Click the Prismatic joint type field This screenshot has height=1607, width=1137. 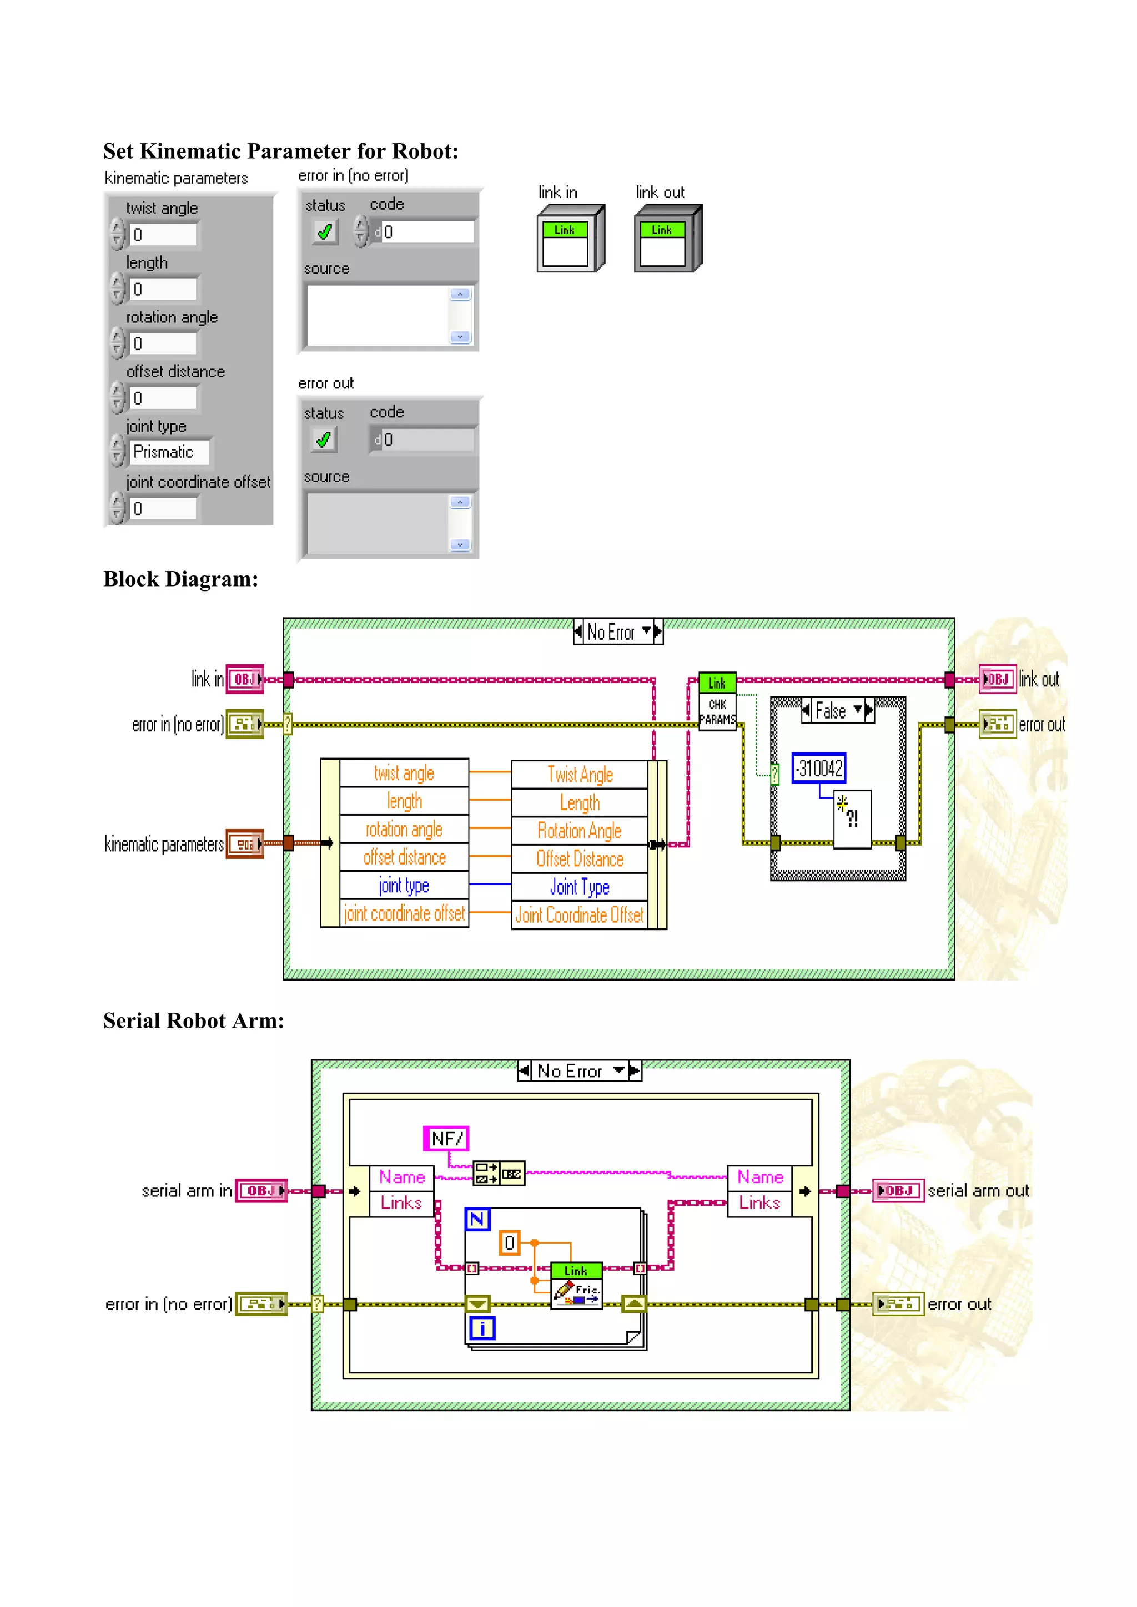(168, 452)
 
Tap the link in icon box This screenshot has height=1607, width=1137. (570, 239)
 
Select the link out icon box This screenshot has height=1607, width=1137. (667, 239)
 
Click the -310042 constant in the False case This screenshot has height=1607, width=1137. (818, 769)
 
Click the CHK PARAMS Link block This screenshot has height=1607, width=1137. (717, 703)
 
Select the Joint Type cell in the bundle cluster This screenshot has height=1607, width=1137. (580, 887)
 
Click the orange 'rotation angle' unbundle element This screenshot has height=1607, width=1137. (404, 830)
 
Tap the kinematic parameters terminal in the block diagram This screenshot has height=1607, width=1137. (245, 844)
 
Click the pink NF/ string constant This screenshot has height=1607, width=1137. (446, 1139)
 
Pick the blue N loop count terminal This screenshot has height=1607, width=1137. (477, 1220)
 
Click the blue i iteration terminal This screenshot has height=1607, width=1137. (482, 1328)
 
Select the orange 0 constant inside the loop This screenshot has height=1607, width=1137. (510, 1243)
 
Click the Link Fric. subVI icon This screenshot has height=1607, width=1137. (576, 1286)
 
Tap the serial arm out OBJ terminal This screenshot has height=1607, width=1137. (898, 1191)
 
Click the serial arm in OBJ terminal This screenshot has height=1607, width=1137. (260, 1191)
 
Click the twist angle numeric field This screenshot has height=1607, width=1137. (163, 235)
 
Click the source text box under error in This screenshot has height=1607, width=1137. (378, 316)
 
